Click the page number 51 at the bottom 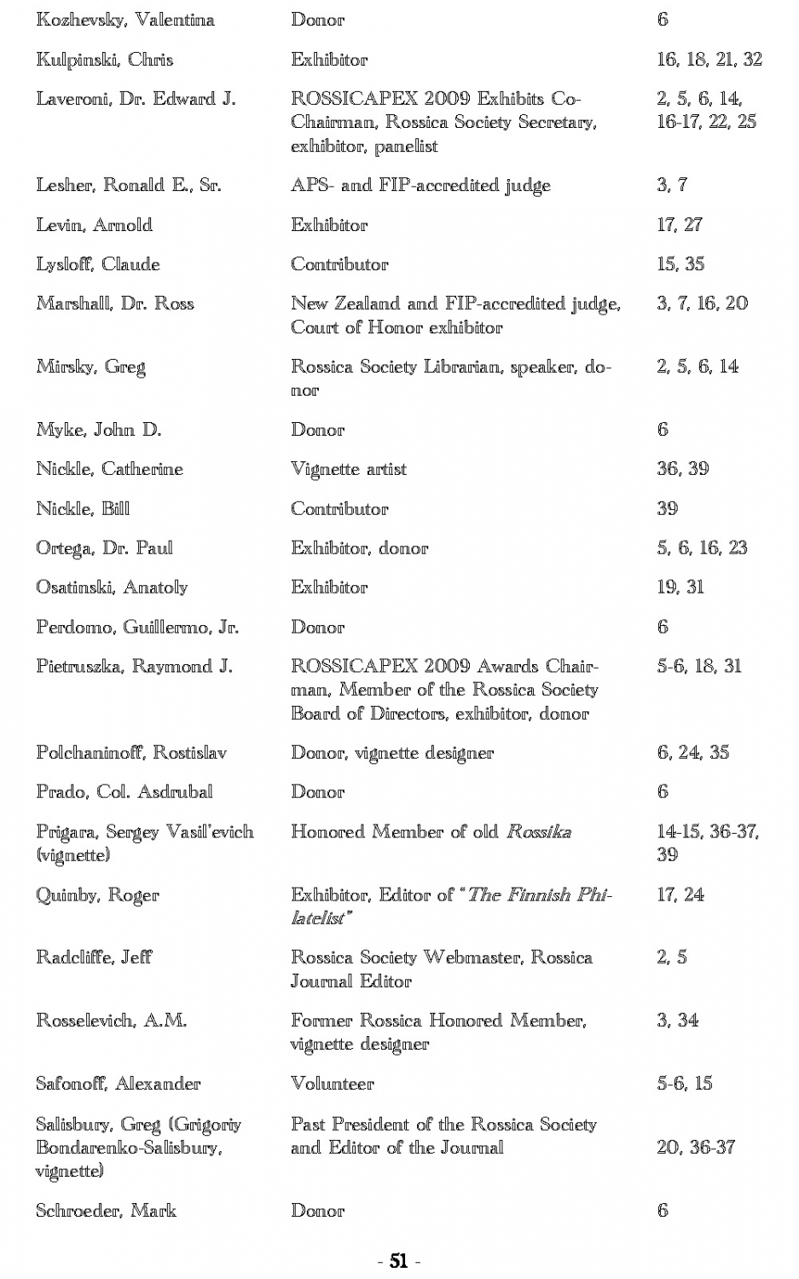point(398,1260)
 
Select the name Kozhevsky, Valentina point(125,20)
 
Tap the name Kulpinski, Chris point(105,60)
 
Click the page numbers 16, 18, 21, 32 point(709,60)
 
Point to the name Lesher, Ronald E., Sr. point(129,185)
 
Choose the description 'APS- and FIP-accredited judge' point(420,185)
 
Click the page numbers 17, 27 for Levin point(680,225)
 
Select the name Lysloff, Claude point(98,264)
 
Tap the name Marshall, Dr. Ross point(115,304)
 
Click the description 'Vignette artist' point(349,469)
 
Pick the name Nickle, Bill point(83,509)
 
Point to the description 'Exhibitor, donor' point(359,548)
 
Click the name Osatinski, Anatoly point(112,587)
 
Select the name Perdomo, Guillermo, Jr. point(137,628)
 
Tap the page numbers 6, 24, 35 point(692,753)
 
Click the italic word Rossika point(539,832)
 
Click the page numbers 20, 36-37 point(695,1148)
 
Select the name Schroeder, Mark point(106,1211)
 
